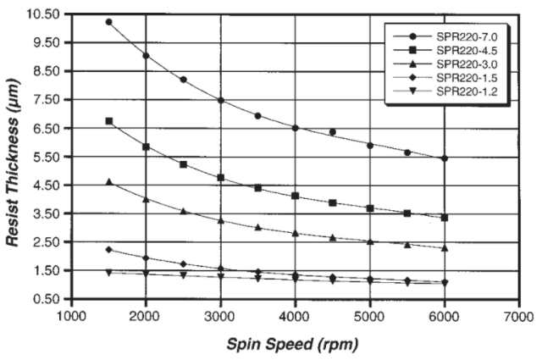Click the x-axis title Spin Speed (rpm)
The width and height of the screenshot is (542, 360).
pyautogui.click(x=292, y=345)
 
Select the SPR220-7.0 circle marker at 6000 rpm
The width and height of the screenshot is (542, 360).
pyautogui.click(x=444, y=158)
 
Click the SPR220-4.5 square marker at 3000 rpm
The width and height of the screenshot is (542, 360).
pyautogui.click(x=220, y=178)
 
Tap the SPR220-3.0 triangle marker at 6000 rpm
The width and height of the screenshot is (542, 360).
pyautogui.click(x=444, y=248)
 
